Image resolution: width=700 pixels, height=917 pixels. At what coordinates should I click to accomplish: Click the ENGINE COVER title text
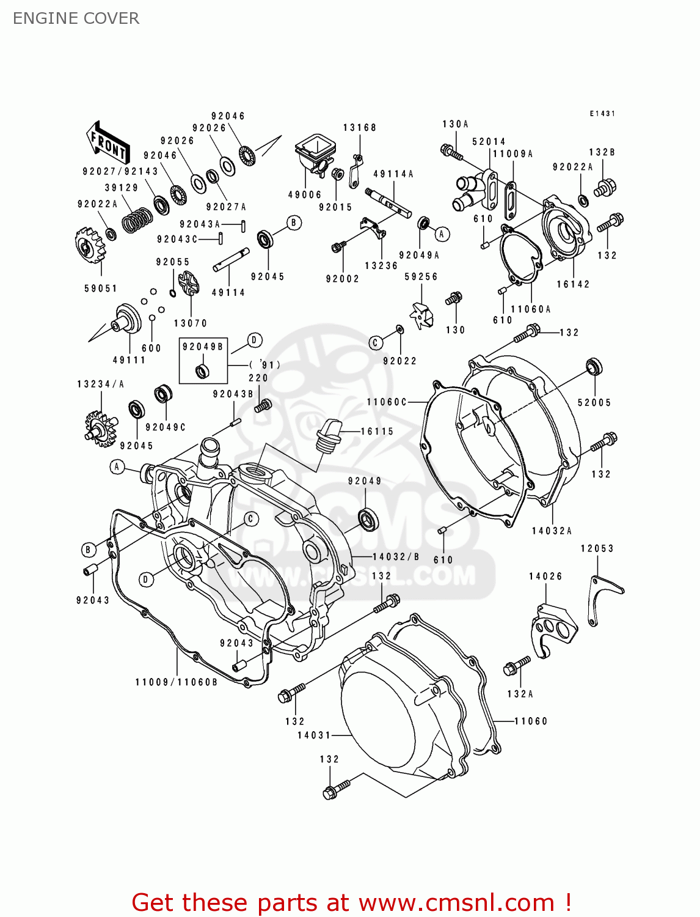point(76,18)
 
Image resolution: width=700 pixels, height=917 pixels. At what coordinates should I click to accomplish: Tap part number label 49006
point(305,195)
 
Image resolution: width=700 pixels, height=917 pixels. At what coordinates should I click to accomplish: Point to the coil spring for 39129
point(136,219)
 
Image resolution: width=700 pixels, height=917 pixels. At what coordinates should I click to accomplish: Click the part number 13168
point(359,128)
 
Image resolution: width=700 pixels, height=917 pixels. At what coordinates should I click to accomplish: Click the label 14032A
point(552,531)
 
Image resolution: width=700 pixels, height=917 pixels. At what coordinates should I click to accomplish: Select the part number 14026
point(545,576)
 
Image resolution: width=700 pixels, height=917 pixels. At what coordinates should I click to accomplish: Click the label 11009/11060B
point(177,682)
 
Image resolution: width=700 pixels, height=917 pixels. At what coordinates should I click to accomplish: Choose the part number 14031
point(314,735)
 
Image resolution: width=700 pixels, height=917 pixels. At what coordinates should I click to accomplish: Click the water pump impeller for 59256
point(421,314)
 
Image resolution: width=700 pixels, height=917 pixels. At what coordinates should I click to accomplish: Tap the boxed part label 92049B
point(203,347)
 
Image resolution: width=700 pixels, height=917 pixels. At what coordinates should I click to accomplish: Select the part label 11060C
point(387,402)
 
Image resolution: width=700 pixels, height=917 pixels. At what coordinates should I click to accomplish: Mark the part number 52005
point(594,402)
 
